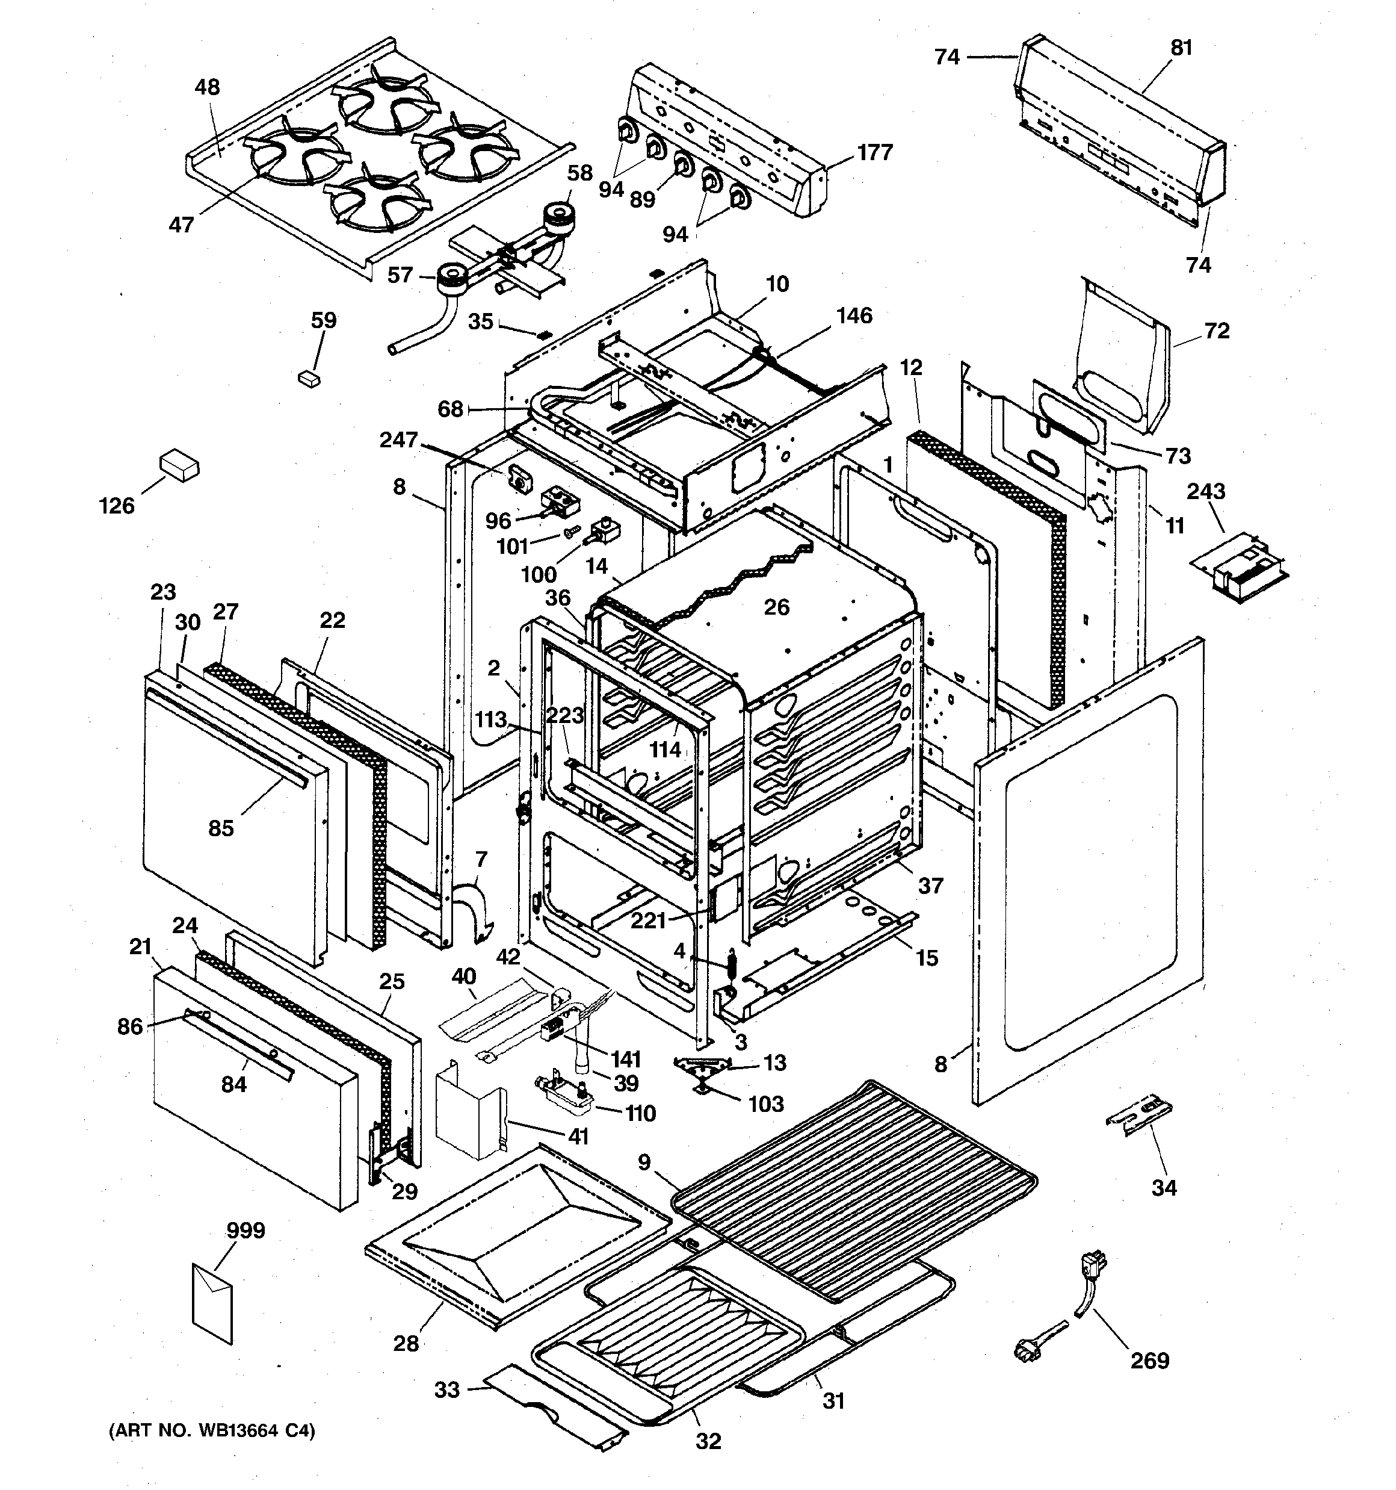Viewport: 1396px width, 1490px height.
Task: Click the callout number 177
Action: [x=876, y=152]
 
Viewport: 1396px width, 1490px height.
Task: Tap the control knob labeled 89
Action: [x=682, y=165]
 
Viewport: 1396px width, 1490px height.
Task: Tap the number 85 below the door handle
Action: [x=220, y=828]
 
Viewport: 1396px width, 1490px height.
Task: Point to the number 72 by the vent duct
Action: [x=1217, y=331]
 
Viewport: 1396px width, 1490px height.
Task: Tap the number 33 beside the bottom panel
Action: [x=446, y=1389]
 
